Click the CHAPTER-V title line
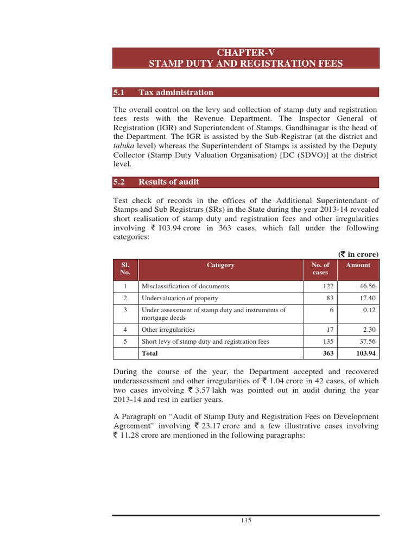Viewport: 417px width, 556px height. point(246,53)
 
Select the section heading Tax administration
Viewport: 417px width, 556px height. point(176,92)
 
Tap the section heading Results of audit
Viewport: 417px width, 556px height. point(168,182)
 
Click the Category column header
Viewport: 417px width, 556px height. point(220,266)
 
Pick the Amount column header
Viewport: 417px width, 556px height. point(358,266)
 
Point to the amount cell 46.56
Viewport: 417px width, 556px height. point(367,286)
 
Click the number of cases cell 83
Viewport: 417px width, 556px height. point(329,298)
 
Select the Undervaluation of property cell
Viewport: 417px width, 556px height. point(180,298)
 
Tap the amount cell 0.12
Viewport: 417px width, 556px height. point(369,310)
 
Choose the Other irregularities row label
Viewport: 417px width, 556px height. point(168,330)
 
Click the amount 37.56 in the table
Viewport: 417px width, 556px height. point(367,342)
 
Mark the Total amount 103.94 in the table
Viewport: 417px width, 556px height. point(365,353)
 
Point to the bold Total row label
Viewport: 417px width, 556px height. point(150,353)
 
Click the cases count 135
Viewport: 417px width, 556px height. point(327,342)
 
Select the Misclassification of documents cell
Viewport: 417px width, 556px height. point(185,286)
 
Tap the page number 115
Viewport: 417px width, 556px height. point(246,520)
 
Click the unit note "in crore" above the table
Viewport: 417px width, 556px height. point(361,254)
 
